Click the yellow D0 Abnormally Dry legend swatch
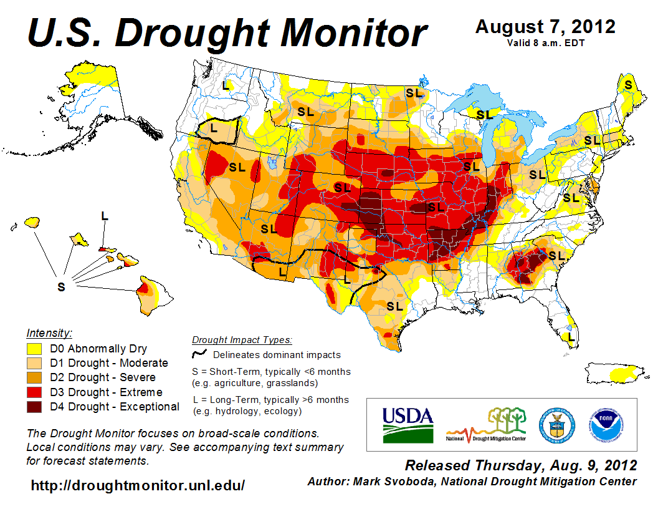(x=34, y=349)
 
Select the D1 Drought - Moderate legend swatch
(x=34, y=363)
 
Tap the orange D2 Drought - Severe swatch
(x=34, y=377)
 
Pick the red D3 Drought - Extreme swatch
(x=34, y=392)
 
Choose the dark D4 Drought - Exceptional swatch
(x=34, y=407)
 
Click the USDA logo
(x=408, y=424)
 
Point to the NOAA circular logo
(x=605, y=424)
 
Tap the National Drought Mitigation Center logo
(x=487, y=425)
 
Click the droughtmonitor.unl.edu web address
(x=138, y=485)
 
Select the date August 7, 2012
(x=545, y=27)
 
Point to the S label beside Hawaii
(x=61, y=286)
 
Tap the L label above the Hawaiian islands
(x=105, y=216)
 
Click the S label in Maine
(x=628, y=84)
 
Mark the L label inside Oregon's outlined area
(x=214, y=128)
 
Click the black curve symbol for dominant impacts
(x=199, y=354)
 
